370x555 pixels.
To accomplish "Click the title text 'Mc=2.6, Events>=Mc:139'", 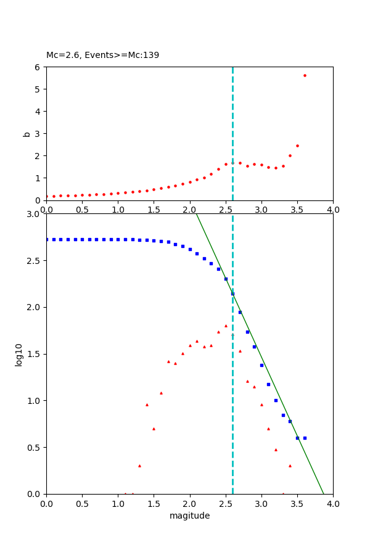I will [102, 55].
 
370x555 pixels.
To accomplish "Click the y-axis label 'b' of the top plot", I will [27, 133].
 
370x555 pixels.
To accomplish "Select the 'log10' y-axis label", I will [19, 354].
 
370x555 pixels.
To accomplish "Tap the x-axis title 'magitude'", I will [189, 516].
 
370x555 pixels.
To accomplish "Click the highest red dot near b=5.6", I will [305, 75].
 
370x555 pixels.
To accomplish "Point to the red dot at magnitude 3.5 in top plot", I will [297, 146].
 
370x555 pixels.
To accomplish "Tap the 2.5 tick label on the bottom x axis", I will [226, 504].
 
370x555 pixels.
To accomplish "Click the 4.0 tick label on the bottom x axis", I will [333, 504].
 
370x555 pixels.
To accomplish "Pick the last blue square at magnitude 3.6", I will [305, 438].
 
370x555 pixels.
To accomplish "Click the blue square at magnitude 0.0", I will [47, 239].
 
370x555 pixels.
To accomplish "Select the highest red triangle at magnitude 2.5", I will [226, 326].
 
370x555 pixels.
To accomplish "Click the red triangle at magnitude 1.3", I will [139, 466].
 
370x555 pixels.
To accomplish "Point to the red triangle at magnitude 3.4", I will [290, 466].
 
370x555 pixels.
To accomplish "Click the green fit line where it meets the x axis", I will [323, 493].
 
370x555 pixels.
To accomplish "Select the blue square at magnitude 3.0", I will [261, 365].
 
